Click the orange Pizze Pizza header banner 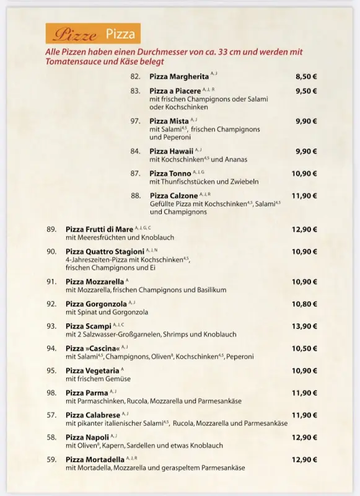click(94, 34)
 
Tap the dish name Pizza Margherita click(179, 77)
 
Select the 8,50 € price click(305, 77)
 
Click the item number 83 click(135, 91)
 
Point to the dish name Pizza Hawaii click(171, 151)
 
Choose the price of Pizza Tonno click(304, 174)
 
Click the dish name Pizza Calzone click(173, 196)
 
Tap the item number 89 click(51, 229)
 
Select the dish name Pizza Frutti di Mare click(99, 229)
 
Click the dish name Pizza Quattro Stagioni click(105, 252)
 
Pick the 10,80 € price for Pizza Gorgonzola click(304, 304)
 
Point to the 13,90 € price click(304, 326)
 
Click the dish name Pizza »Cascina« click(92, 348)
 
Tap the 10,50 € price click(304, 348)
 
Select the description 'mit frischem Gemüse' click(98, 379)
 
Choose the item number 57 click(51, 415)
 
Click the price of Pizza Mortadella click(304, 460)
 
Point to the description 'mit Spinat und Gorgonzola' click(107, 312)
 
